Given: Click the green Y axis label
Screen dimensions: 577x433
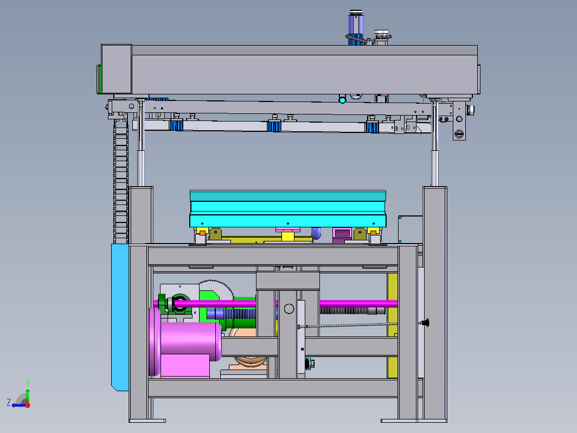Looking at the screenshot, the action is click(x=28, y=383).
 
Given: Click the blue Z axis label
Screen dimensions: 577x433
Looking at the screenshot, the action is click(x=9, y=402).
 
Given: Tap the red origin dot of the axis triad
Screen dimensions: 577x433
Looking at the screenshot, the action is click(x=28, y=405).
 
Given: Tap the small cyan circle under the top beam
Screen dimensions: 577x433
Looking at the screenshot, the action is click(x=343, y=100).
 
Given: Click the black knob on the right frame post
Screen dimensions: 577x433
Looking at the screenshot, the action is click(x=425, y=323).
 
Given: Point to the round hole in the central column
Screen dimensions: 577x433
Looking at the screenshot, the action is click(x=289, y=309).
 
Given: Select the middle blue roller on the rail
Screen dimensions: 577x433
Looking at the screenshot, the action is click(x=274, y=126).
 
